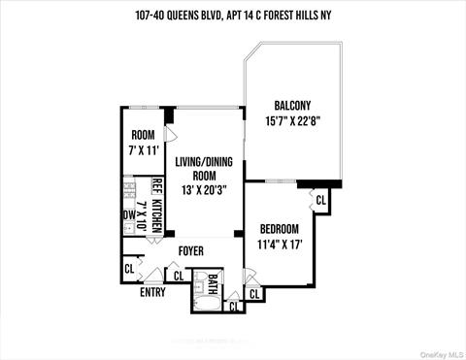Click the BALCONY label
[292, 106]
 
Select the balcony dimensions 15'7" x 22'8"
[292, 121]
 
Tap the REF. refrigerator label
[155, 188]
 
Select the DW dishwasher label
[128, 215]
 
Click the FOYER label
[189, 251]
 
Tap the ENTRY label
[152, 291]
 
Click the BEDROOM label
[279, 229]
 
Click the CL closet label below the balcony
[320, 199]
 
